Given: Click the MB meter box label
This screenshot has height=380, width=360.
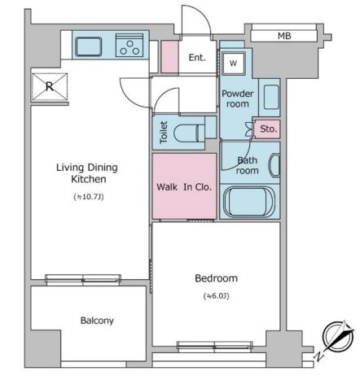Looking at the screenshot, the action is tap(284, 36).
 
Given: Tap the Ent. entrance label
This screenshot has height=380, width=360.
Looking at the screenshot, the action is tap(197, 57).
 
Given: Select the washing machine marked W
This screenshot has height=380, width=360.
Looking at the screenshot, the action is tap(234, 63).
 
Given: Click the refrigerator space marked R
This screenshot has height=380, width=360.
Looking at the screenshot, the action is tap(50, 87).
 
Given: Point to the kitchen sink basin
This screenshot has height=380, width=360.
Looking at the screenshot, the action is tap(89, 47).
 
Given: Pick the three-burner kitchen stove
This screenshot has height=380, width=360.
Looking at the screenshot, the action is tap(130, 46).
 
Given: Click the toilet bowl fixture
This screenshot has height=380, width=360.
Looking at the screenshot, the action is tap(190, 133).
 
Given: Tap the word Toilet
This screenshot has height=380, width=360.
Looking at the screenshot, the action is tap(164, 133).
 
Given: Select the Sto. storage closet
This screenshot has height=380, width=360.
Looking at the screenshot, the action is tap(267, 129).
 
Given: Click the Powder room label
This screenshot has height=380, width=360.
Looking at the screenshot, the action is tap(238, 98).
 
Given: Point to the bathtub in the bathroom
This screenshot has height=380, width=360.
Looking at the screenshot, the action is tap(248, 202).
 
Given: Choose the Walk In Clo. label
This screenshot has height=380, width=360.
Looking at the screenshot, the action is tap(184, 187).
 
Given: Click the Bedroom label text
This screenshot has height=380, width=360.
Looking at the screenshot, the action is tap(217, 278).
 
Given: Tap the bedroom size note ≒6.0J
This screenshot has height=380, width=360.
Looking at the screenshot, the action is tap(217, 296).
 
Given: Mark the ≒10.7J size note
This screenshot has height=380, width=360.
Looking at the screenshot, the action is tap(89, 197).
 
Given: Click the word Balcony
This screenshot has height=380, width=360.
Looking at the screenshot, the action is tap(97, 321).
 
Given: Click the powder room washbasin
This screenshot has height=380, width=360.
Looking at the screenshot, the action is tap(271, 97).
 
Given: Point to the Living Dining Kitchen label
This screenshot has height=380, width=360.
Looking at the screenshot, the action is tap(87, 173).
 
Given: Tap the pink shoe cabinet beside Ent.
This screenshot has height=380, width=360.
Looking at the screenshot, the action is tap(169, 57).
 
